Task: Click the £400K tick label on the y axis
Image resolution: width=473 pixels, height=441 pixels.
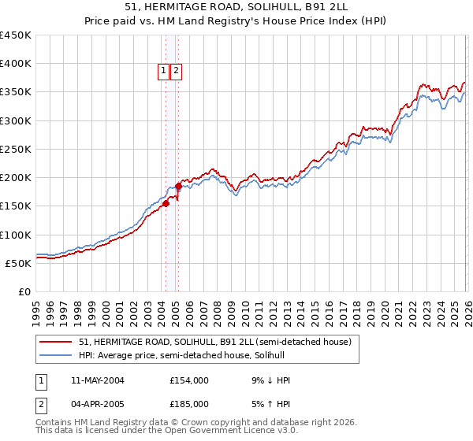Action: (16, 64)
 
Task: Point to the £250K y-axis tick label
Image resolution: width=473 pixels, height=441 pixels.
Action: (16, 149)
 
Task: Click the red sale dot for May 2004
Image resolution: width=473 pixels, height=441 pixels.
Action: (166, 204)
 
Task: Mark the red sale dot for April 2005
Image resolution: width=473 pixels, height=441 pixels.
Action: (178, 187)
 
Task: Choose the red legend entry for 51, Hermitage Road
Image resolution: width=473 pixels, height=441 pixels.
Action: (219, 342)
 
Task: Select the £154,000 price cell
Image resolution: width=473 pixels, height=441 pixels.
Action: (189, 380)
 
